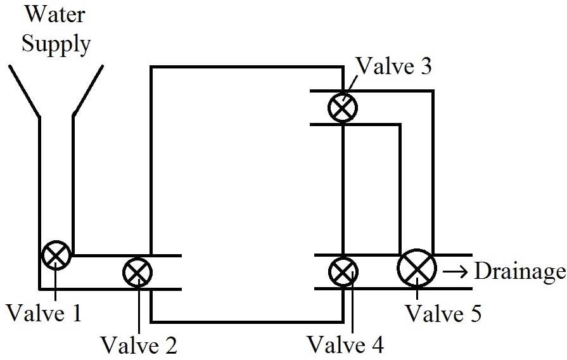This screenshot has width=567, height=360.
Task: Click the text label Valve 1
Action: [x=44, y=312]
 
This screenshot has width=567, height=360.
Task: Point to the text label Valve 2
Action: [x=139, y=345]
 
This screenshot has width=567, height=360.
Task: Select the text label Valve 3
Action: [x=394, y=65]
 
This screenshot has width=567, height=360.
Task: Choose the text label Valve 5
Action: [x=443, y=313]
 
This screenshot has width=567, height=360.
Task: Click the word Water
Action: [x=55, y=15]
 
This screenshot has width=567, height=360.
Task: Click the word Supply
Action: [x=56, y=44]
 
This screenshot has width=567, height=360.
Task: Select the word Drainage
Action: [x=520, y=272]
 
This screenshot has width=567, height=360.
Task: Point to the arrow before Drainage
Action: [x=456, y=271]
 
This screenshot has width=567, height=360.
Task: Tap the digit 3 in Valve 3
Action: [x=425, y=66]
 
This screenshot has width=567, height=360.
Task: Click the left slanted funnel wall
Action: [x=24, y=91]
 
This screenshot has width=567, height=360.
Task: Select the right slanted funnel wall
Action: [x=88, y=91]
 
